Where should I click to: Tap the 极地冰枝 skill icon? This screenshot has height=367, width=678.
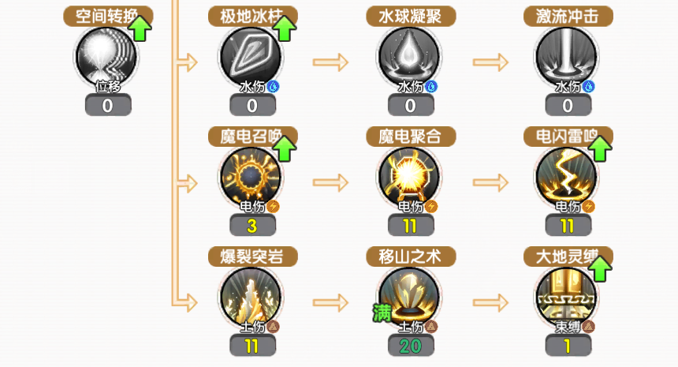252,57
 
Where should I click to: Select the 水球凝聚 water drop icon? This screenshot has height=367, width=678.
410,57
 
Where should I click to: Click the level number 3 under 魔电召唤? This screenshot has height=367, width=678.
252,226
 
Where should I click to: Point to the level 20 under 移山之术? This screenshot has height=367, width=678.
410,346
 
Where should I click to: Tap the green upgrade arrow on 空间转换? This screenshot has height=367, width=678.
140,28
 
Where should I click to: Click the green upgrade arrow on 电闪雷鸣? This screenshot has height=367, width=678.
601,148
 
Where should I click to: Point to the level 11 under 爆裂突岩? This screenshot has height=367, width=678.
252,346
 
